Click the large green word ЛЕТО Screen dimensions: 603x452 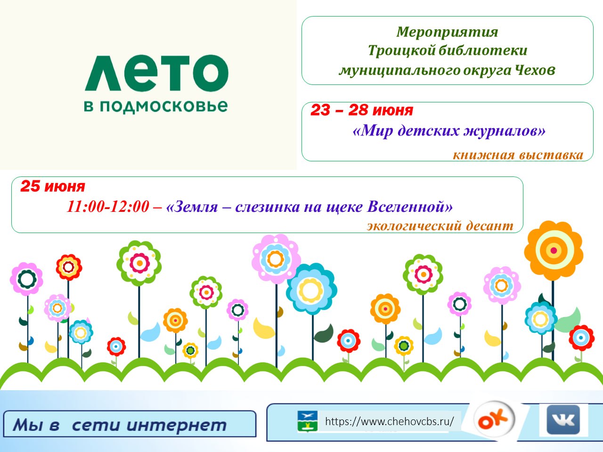156,73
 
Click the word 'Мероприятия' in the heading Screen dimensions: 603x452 447,32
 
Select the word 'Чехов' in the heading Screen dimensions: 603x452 535,70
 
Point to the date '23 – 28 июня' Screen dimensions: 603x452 362,110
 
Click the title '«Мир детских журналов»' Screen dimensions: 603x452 448,130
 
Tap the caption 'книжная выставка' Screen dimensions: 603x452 518,155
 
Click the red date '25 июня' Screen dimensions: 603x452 53,186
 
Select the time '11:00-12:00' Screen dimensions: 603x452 108,206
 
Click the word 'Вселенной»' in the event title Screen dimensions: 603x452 410,206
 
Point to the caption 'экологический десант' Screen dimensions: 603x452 440,226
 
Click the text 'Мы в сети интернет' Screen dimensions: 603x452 120,425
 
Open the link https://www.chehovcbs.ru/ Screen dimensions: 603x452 389,421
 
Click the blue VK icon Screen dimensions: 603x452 563,419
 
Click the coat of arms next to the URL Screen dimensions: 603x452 308,421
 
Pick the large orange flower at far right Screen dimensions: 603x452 554,251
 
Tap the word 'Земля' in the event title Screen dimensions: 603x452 196,206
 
